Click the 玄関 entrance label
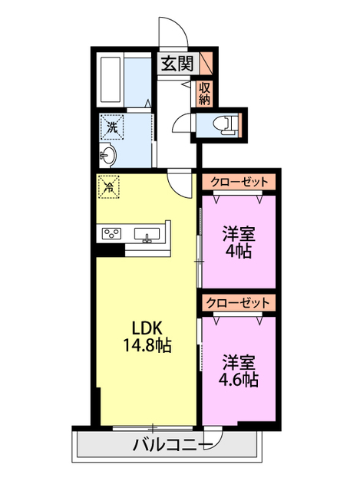[177, 64]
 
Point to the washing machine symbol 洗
[112, 128]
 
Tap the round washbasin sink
[108, 157]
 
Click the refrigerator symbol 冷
[108, 186]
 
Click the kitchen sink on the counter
[147, 233]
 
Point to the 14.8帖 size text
[144, 345]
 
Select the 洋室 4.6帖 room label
[239, 370]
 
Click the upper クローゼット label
[238, 182]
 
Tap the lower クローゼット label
[238, 303]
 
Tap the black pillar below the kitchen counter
[112, 249]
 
